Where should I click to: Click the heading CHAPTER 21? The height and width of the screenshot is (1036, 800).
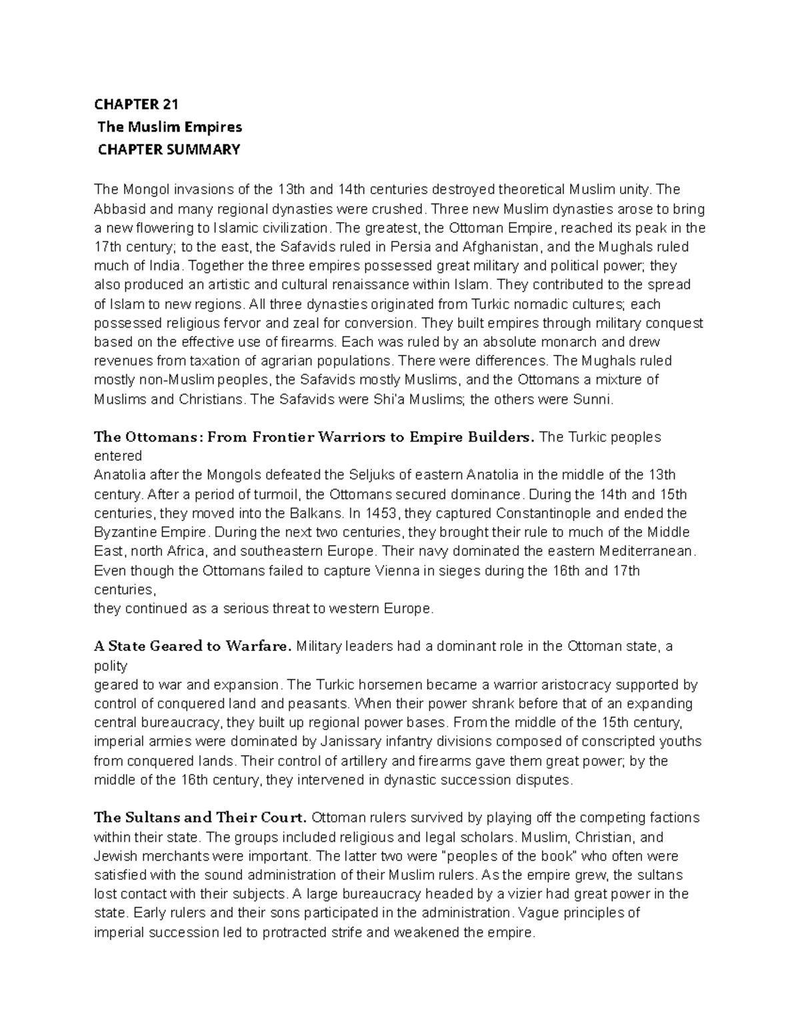point(136,104)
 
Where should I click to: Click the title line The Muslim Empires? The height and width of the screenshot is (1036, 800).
point(169,127)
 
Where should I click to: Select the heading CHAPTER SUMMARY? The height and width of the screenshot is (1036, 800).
point(169,149)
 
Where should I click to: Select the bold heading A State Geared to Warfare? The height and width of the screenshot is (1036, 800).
point(193,646)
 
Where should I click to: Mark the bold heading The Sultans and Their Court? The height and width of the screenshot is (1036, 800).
point(200,818)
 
